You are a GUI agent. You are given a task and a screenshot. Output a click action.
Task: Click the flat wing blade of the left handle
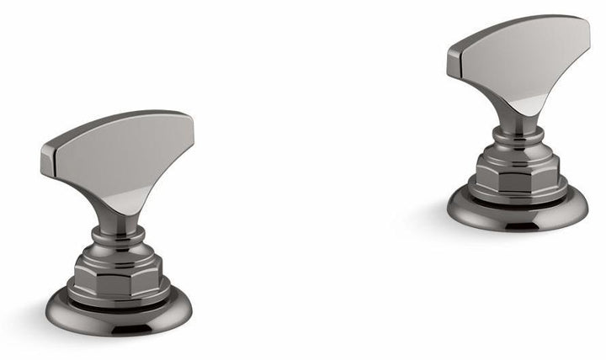[126, 151]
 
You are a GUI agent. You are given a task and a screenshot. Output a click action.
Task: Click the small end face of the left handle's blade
[48, 160]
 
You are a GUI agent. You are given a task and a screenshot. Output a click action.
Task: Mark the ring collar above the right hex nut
[515, 143]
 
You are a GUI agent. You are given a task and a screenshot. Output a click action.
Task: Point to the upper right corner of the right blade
[586, 20]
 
